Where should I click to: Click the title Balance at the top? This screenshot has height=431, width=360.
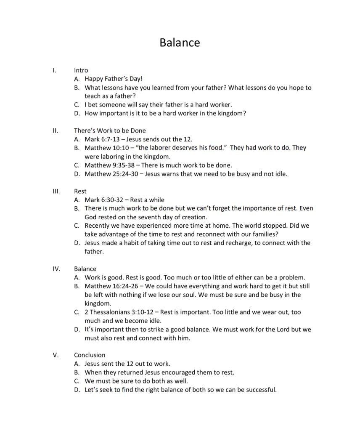click(x=180, y=43)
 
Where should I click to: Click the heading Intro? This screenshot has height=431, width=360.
click(x=81, y=70)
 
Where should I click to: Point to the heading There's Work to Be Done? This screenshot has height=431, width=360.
click(x=110, y=130)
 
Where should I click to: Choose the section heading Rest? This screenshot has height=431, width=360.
click(x=80, y=191)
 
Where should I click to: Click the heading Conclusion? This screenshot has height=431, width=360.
click(x=90, y=355)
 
